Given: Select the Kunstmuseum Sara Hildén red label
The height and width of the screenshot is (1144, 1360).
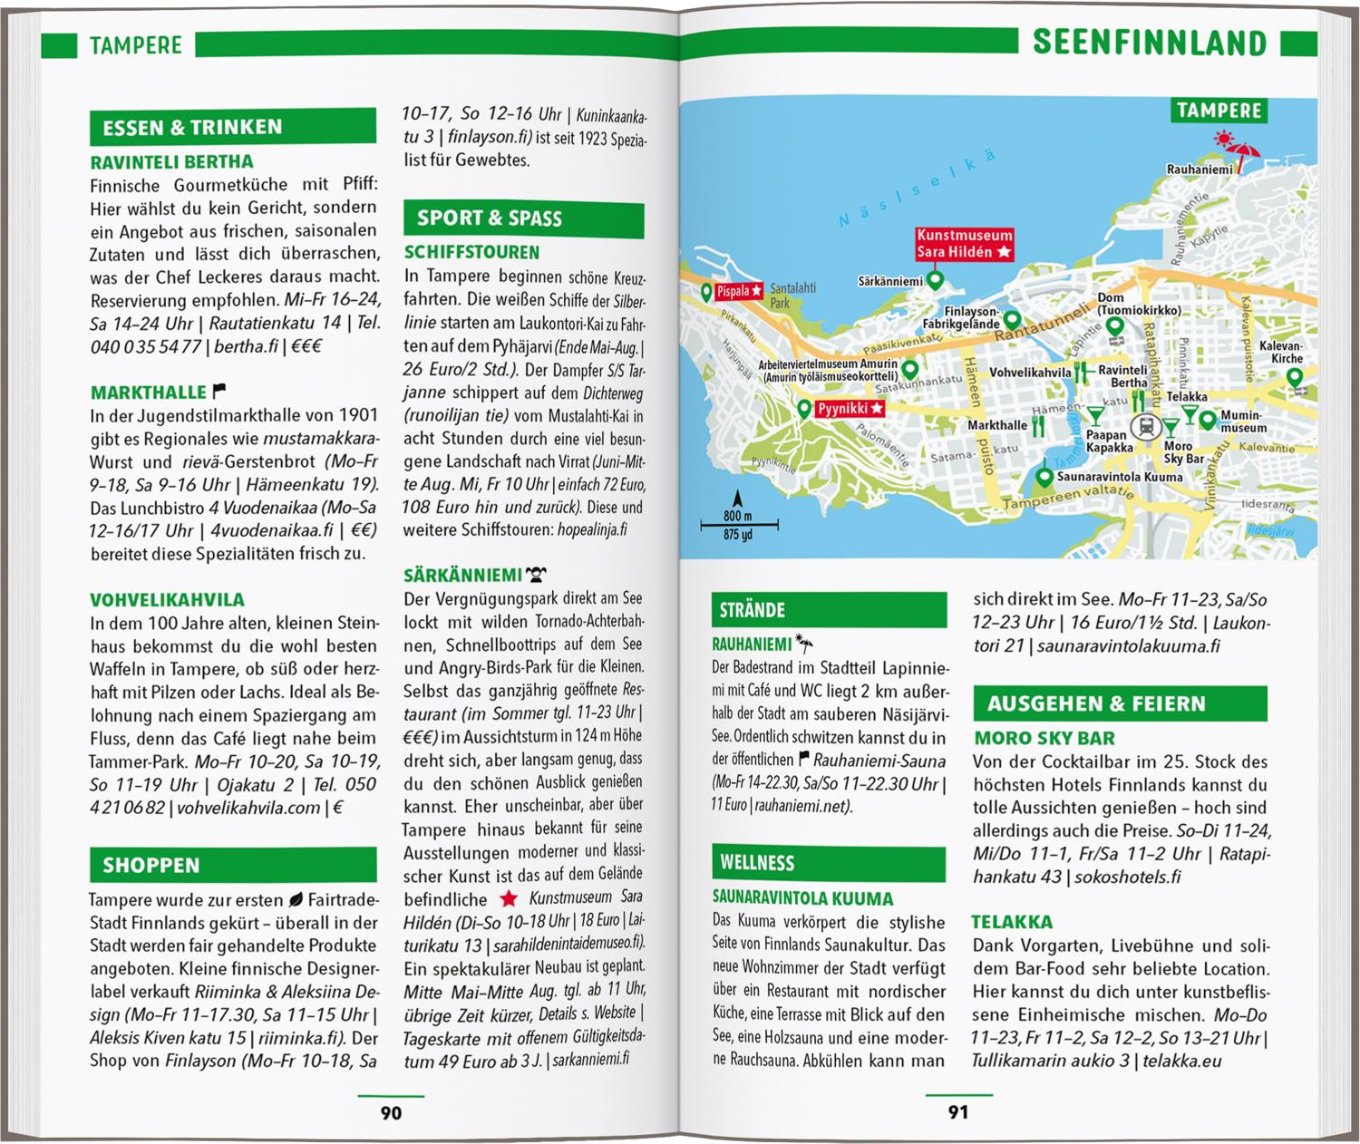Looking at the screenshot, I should tap(964, 244).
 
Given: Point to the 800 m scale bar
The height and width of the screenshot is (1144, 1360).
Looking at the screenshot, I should tap(738, 523).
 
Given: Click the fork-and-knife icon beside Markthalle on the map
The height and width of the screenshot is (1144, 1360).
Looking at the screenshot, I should tap(1041, 424).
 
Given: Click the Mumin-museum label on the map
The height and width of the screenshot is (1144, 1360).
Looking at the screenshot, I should tap(1243, 422).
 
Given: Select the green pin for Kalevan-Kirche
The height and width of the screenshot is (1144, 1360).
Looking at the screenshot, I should tap(1294, 377).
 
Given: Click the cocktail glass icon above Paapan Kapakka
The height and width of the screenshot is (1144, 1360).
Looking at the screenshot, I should tap(1095, 416).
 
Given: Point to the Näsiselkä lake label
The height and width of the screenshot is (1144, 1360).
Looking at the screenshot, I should tap(916, 188).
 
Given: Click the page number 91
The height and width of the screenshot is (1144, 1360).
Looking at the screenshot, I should tap(958, 1111).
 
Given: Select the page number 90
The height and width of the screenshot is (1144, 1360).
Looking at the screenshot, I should tap(391, 1111).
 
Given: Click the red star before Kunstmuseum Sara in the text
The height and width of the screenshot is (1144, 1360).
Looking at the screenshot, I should tap(509, 898).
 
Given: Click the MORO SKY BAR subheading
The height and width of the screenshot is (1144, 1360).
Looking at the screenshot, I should tap(1044, 738).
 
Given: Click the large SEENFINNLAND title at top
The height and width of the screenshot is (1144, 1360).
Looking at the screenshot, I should tap(1150, 43).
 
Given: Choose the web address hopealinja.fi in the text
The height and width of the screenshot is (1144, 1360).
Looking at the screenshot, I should tap(592, 530).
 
